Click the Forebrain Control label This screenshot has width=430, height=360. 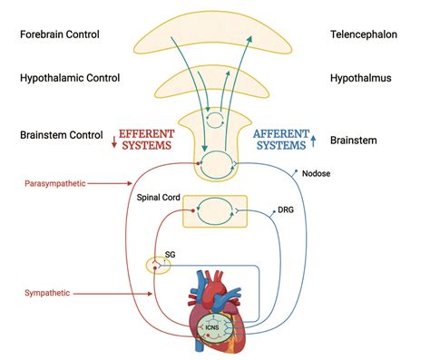(72, 34)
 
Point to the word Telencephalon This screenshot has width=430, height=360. (366, 34)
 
